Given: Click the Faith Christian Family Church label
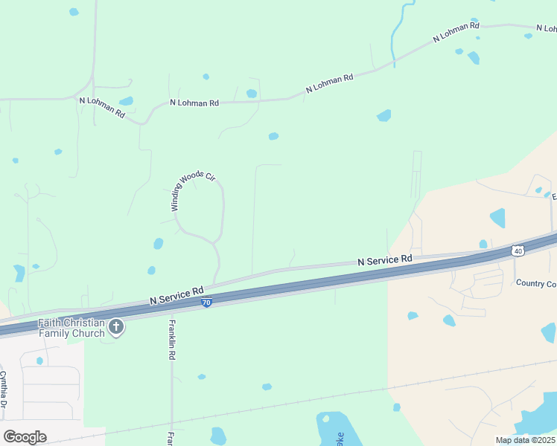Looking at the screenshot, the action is click(x=71, y=328).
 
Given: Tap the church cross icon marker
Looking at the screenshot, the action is click(x=116, y=326).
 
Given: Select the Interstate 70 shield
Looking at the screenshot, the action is click(x=206, y=303).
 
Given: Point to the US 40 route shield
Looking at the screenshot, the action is click(x=517, y=251).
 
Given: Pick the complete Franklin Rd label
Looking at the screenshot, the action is click(x=171, y=340).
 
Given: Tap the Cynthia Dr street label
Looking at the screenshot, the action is click(x=3, y=390).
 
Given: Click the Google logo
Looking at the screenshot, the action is click(x=25, y=437).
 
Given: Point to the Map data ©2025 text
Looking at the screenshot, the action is click(x=524, y=440).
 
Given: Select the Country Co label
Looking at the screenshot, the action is click(x=535, y=283).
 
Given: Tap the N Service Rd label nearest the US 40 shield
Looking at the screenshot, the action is click(x=384, y=261).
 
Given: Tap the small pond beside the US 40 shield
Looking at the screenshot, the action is click(x=483, y=244).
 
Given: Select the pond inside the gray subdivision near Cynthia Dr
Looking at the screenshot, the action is click(x=39, y=361).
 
